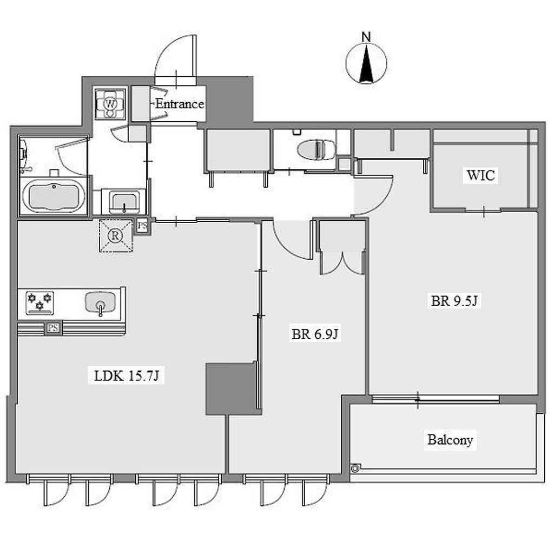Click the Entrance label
pyautogui.click(x=180, y=104)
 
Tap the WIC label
pyautogui.click(x=480, y=175)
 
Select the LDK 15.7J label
pyautogui.click(x=127, y=376)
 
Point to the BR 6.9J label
pyautogui.click(x=315, y=334)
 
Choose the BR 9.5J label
pyautogui.click(x=454, y=301)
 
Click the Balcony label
pyautogui.click(x=450, y=440)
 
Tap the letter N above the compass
pyautogui.click(x=366, y=37)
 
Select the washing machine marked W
pyautogui.click(x=110, y=104)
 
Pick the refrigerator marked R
pyautogui.click(x=116, y=236)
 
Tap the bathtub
pyautogui.click(x=54, y=196)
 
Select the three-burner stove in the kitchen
pyautogui.click(x=40, y=303)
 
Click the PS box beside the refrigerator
pyautogui.click(x=142, y=226)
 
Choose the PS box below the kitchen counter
pyautogui.click(x=53, y=328)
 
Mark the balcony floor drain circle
pyautogui.click(x=355, y=468)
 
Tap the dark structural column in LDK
pyautogui.click(x=231, y=388)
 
